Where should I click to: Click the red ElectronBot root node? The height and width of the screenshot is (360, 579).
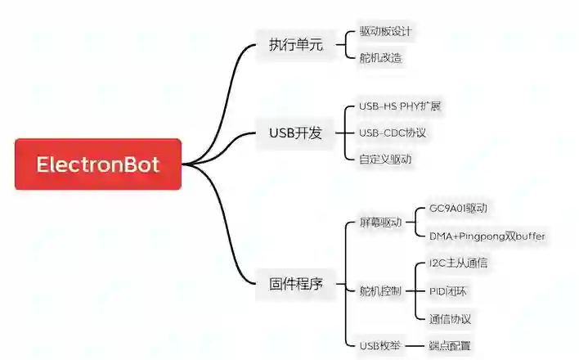coord(97,164)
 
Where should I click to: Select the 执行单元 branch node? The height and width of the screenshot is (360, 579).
coord(296,45)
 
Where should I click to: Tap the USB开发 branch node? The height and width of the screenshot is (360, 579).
coord(296,133)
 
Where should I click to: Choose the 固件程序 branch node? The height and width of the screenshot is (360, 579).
coord(296,285)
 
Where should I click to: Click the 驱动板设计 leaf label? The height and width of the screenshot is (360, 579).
coord(385,32)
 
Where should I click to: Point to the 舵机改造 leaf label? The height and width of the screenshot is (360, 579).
coord(380,58)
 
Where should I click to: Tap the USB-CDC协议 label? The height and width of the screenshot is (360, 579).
coord(393,133)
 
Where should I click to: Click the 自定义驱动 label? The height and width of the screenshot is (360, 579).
coord(385,159)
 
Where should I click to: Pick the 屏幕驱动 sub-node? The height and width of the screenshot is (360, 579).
coord(380,223)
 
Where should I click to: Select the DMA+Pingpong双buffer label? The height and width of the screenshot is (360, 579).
coord(487,236)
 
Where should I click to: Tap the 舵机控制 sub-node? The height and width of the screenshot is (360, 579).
coord(380,290)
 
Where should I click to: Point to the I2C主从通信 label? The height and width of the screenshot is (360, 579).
coord(460,263)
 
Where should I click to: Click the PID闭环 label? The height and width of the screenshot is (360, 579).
coord(448,290)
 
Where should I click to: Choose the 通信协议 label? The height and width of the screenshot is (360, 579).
coord(450,318)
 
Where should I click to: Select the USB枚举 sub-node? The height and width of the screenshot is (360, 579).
coord(380,345)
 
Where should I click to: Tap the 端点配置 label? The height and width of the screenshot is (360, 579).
coord(450,345)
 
